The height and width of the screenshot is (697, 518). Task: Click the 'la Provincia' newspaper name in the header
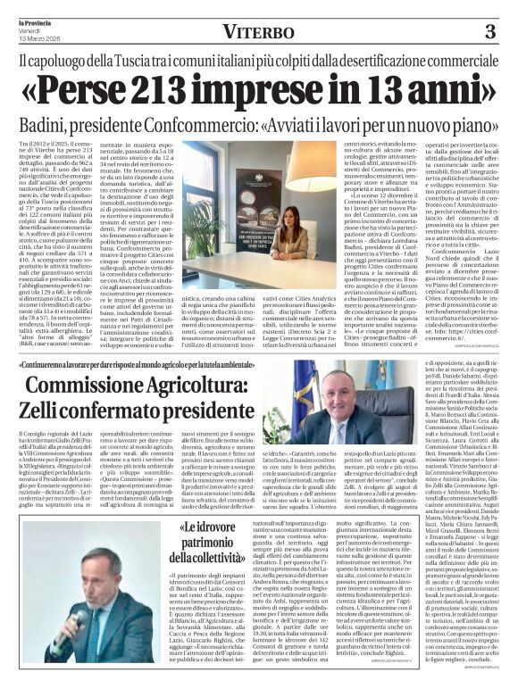tap(29, 21)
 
